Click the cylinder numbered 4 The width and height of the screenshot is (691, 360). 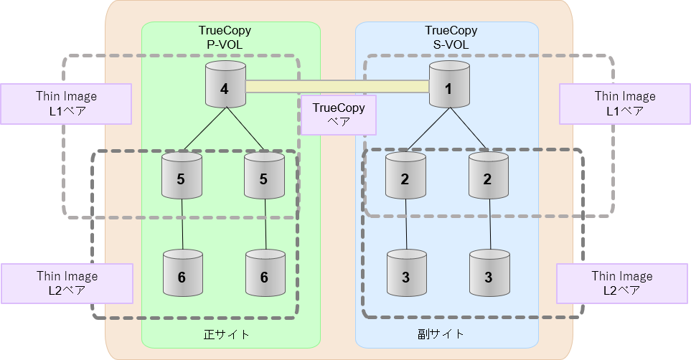225,85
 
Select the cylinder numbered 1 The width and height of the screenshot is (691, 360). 449,85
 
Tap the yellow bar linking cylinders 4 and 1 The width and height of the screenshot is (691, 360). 337,87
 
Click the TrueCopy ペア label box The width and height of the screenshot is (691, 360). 338,115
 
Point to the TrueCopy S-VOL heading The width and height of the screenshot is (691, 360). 451,37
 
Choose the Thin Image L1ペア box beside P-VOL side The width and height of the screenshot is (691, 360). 66,103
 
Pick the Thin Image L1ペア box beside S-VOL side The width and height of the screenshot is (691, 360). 624,103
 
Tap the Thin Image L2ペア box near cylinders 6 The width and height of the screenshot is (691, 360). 67,283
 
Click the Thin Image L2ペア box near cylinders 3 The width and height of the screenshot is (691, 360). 622,283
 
